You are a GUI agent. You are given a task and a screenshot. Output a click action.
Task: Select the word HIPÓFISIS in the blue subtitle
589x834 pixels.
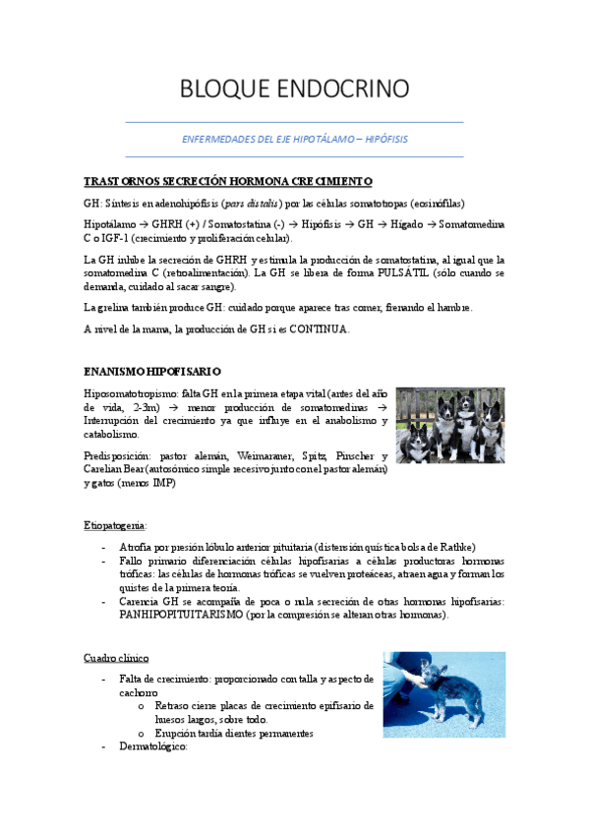[383, 139]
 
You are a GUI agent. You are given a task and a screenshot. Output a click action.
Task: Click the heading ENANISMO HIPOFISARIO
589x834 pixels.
[152, 371]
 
